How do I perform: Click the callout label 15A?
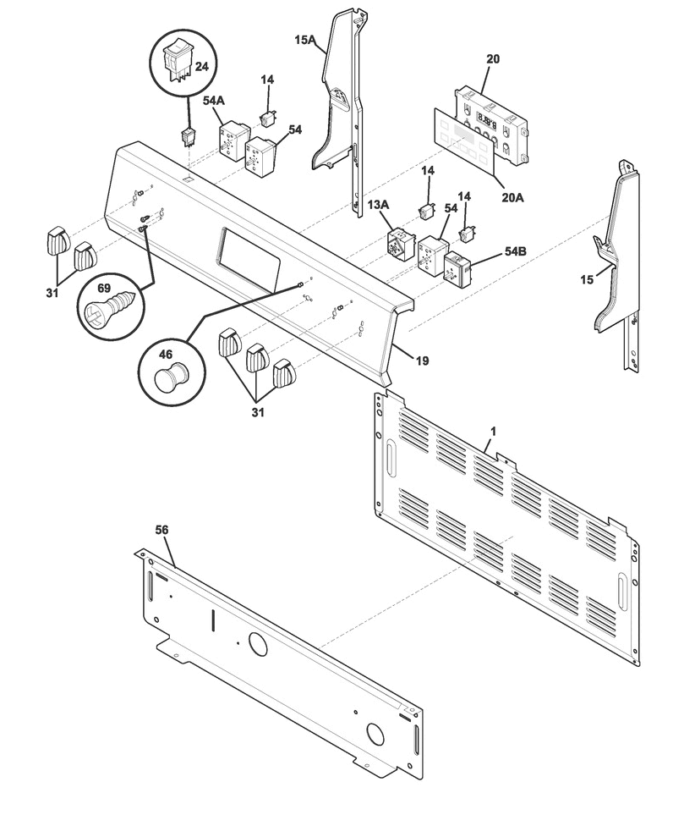[x=304, y=40]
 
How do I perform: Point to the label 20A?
[x=513, y=197]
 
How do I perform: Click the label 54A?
[x=214, y=101]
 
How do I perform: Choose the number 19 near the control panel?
[x=422, y=361]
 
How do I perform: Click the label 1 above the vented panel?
[x=494, y=431]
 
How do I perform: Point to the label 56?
[x=161, y=530]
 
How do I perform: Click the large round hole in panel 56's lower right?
[x=375, y=735]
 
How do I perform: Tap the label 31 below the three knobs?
[x=258, y=413]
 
